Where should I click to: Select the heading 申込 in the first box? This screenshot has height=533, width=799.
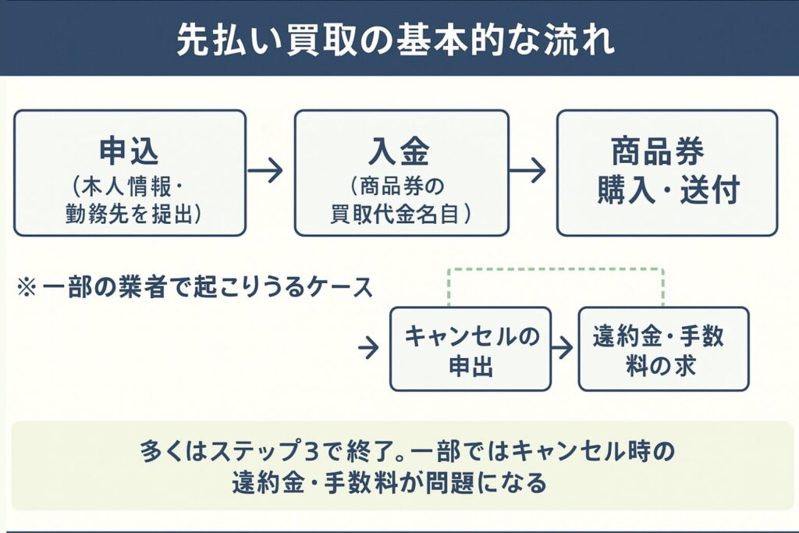(x=130, y=151)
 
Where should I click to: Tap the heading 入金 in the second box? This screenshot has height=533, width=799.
(x=400, y=151)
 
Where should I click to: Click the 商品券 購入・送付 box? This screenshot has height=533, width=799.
(x=666, y=172)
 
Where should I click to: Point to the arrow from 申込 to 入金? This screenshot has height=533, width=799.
(x=266, y=171)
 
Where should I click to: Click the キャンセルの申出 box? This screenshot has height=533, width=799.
(x=471, y=349)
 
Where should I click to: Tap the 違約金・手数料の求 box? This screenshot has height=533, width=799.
(x=663, y=349)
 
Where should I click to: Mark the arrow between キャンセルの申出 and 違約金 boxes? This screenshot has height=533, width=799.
(x=563, y=348)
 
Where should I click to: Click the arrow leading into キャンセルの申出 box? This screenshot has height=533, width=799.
(x=368, y=348)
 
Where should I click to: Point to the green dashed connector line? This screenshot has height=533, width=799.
(x=555, y=270)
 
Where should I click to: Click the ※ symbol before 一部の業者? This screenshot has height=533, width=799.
(x=26, y=287)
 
